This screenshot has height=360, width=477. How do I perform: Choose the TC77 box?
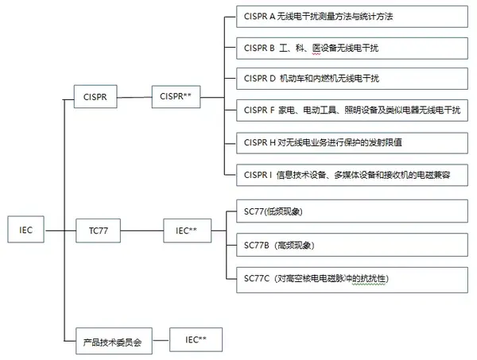click(x=100, y=231)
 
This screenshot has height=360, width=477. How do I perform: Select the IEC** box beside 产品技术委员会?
click(x=196, y=339)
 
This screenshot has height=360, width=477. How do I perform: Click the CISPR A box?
click(x=351, y=16)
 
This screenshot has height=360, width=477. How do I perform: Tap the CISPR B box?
click(x=351, y=48)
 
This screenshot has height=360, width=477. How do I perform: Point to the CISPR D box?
click(x=351, y=79)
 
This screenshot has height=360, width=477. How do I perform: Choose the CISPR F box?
click(x=351, y=110)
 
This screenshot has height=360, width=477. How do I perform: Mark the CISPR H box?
click(x=351, y=141)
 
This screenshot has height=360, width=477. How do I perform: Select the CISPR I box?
click(x=351, y=173)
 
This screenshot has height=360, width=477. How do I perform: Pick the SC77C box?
click(x=351, y=278)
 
